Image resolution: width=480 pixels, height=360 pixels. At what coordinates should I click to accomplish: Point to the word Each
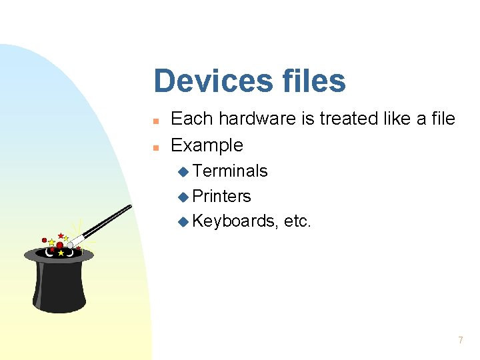[x=192, y=119]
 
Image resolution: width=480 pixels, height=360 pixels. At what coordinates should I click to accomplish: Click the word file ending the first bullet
[x=443, y=119]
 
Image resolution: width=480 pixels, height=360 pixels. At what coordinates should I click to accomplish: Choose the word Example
[x=207, y=145]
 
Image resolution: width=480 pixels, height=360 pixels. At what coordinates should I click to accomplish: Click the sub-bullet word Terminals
[x=230, y=171]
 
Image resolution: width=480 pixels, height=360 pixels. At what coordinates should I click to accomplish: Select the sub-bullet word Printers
[x=221, y=196]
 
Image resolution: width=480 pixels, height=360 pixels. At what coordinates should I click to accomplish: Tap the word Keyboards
[x=234, y=221]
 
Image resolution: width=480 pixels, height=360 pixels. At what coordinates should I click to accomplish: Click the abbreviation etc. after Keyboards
[x=297, y=221]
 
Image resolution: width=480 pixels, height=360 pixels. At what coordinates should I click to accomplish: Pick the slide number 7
[x=460, y=340]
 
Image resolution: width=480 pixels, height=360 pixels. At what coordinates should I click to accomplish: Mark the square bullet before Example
[x=155, y=147]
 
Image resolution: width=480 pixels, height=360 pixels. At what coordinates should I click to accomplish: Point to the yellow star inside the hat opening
[x=61, y=253]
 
